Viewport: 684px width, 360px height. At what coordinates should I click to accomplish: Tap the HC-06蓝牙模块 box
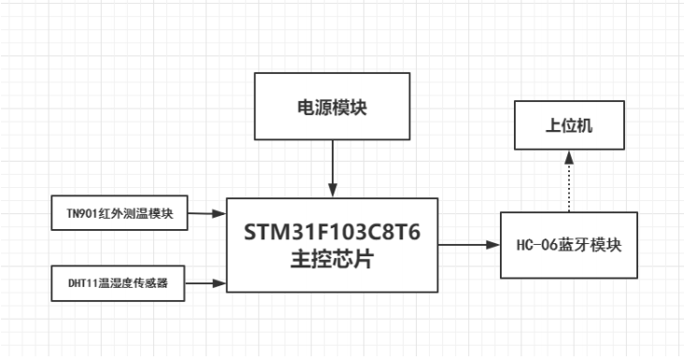[x=569, y=245]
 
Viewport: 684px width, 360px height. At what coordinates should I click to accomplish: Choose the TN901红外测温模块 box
[x=119, y=212]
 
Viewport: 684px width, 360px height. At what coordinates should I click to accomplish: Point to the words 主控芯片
[x=334, y=261]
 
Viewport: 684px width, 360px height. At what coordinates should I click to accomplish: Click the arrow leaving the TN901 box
[x=208, y=212]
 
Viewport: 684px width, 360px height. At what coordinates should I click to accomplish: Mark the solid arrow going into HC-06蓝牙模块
[x=467, y=245]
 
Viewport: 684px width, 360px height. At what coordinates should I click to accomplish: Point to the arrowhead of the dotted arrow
[x=569, y=159]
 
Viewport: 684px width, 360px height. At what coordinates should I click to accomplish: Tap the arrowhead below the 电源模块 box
[x=332, y=193]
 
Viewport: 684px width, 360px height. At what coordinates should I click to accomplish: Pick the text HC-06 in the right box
[x=536, y=246]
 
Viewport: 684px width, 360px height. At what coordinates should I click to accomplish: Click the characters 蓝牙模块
[x=591, y=246]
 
